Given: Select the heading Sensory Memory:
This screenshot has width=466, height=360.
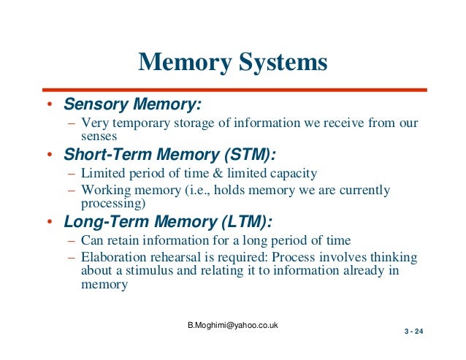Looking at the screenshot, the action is tap(131, 104).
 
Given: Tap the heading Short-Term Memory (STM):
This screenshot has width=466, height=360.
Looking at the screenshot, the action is tap(170, 155).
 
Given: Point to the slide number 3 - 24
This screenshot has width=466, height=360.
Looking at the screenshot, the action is tap(413, 333).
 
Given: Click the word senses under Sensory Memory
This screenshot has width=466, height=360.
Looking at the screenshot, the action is tap(99, 136).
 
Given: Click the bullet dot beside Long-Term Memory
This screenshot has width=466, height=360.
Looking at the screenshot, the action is tap(49, 223).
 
